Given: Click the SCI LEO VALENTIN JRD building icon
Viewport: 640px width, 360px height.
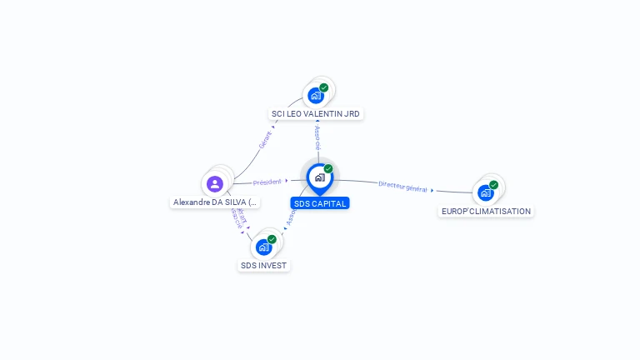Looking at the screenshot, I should [316, 95].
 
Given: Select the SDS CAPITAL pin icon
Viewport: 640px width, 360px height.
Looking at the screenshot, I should [319, 177].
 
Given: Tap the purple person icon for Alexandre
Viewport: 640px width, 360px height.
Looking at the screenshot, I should [215, 183].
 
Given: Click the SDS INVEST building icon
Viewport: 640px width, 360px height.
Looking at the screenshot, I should [263, 247].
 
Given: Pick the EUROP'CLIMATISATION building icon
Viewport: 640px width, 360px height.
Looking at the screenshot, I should [485, 192].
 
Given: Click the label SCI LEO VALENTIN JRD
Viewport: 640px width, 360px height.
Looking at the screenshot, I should [317, 113].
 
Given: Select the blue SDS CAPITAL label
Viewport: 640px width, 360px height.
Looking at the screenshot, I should [320, 203].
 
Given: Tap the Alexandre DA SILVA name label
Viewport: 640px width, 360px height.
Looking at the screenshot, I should [215, 202].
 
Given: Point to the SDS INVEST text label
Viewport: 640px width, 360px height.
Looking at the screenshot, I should [263, 266].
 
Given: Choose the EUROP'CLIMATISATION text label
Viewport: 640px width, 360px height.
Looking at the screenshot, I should [486, 211].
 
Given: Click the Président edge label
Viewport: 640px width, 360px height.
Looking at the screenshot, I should [267, 181].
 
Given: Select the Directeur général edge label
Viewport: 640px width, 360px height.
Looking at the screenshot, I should [402, 186].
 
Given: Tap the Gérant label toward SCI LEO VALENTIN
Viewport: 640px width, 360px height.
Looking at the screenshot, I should [266, 139].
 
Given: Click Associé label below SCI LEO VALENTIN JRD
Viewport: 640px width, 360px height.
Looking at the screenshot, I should [317, 138].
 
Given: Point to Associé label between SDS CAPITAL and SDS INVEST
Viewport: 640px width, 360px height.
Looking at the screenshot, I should [291, 218].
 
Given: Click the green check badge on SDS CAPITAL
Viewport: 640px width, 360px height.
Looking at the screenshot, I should [328, 168].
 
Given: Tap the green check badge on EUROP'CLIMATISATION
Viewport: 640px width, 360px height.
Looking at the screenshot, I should [493, 185].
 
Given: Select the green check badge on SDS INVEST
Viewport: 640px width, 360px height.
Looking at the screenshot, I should [272, 239].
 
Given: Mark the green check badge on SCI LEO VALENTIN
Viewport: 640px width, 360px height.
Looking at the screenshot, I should [324, 87].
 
